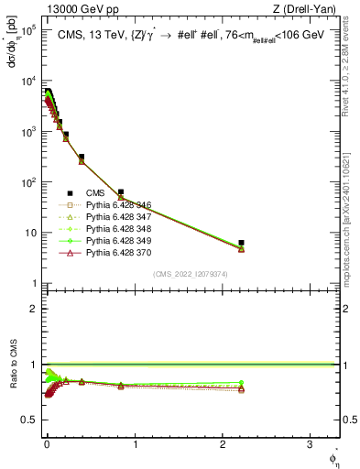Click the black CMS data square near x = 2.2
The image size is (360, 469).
pyautogui.click(x=241, y=243)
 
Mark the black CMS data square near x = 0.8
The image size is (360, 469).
pyautogui.click(x=121, y=192)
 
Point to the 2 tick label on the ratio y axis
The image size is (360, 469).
pyautogui.click(x=35, y=309)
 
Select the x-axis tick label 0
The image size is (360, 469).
pyautogui.click(x=47, y=446)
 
